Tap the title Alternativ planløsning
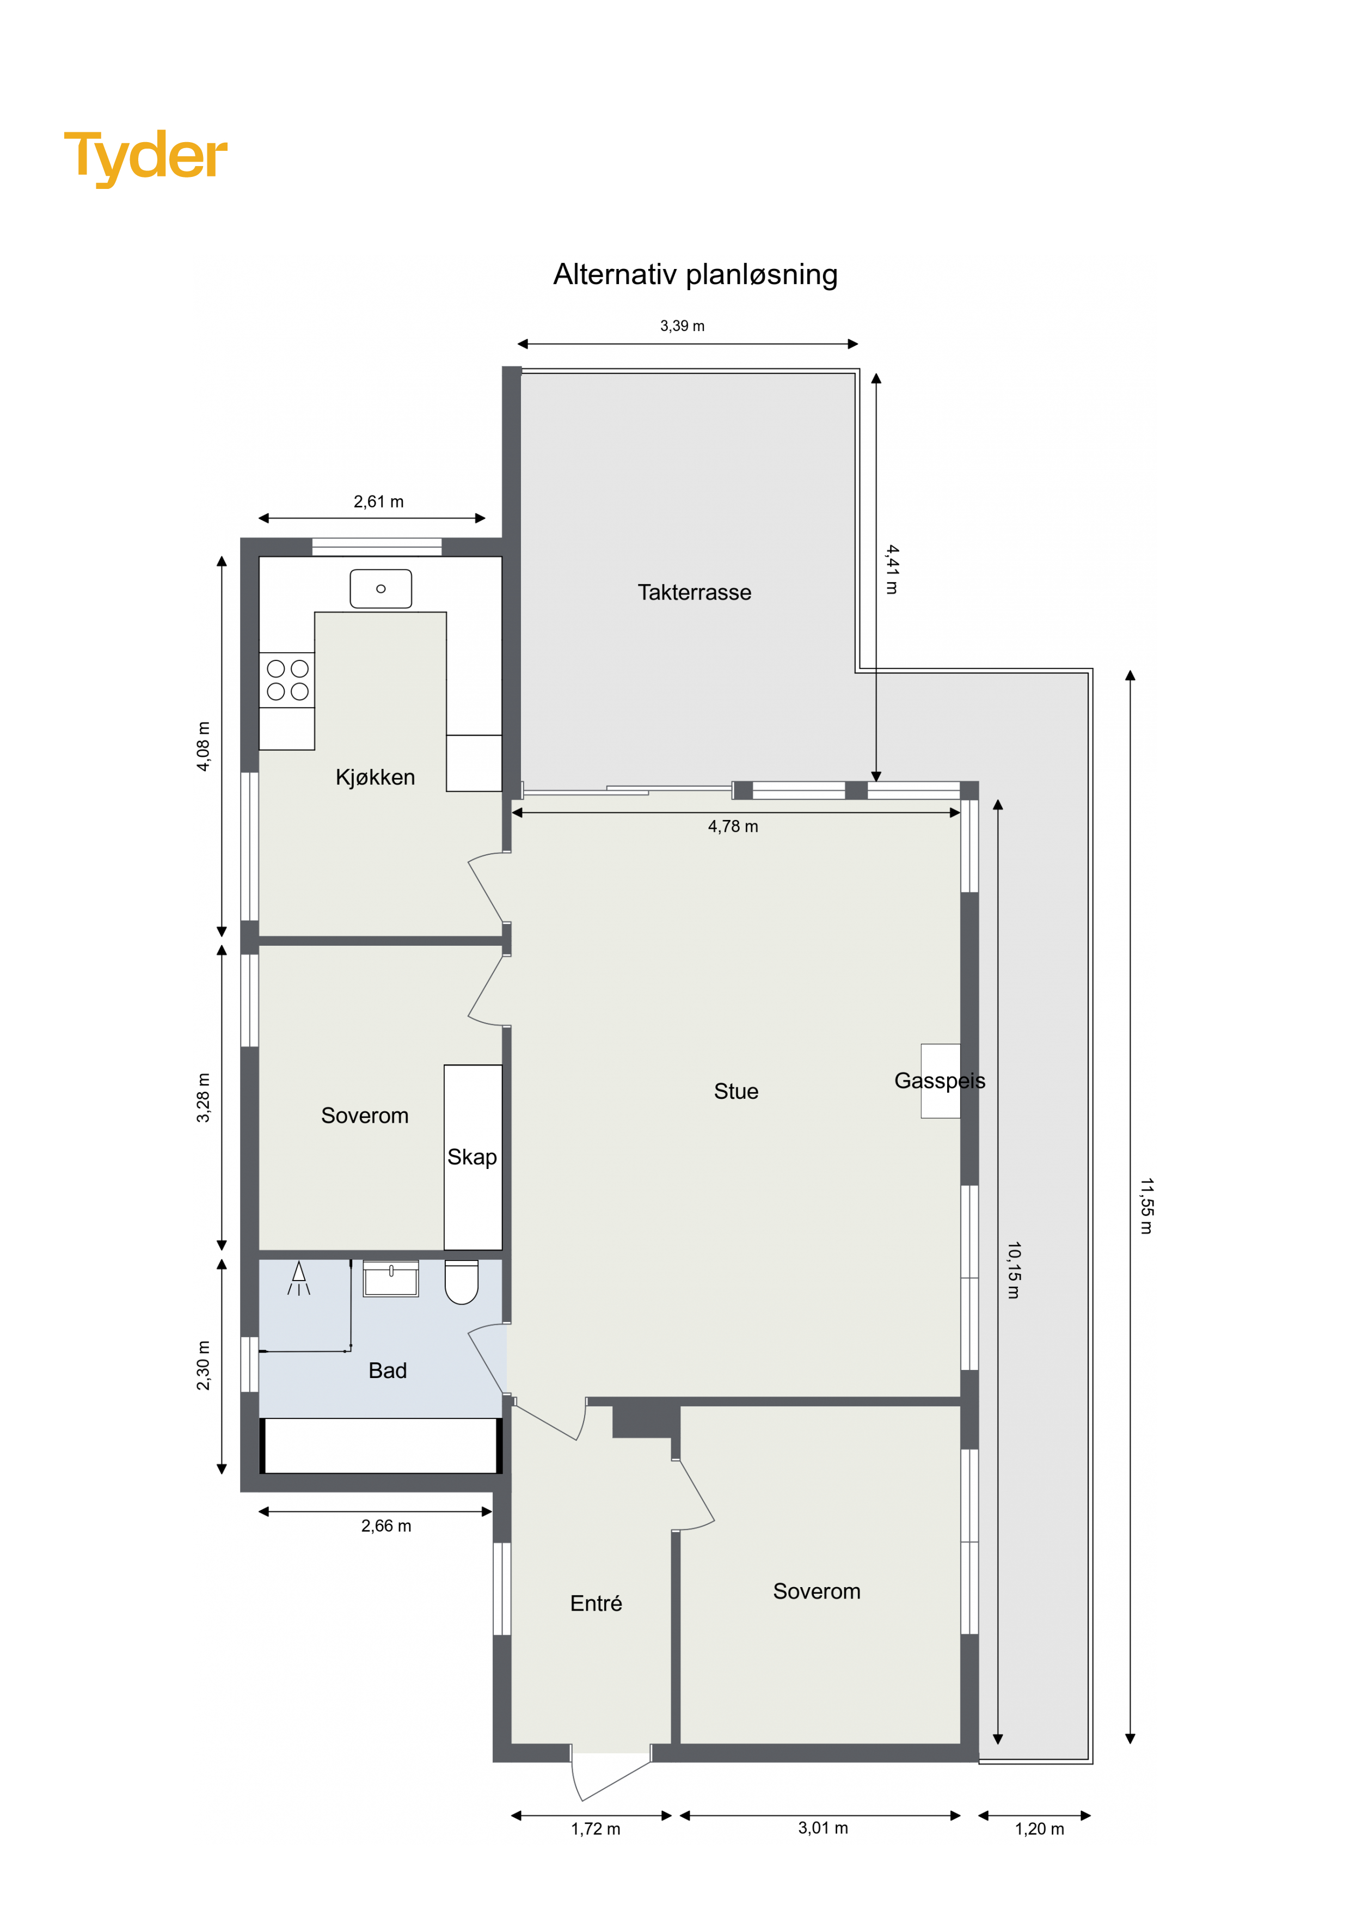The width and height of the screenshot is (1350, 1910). (x=695, y=274)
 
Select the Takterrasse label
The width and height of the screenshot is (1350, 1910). (x=695, y=592)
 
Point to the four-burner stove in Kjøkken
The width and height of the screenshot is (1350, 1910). (x=287, y=679)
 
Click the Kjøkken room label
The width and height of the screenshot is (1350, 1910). (x=375, y=777)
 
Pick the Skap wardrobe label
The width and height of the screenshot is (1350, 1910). (x=472, y=1157)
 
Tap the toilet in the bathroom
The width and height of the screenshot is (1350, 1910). (x=462, y=1282)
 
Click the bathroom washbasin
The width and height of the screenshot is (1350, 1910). (x=391, y=1278)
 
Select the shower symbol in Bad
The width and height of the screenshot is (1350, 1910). (x=299, y=1278)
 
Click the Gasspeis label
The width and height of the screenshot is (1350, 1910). (x=940, y=1081)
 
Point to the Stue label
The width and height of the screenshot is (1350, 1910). (x=736, y=1092)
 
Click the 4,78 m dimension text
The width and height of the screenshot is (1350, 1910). (x=733, y=826)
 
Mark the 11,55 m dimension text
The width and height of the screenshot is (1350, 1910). (x=1146, y=1205)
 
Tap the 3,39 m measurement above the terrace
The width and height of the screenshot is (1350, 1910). (x=682, y=326)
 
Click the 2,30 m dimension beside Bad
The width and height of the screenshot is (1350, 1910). (x=204, y=1365)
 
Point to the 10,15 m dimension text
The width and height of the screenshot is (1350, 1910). (x=1013, y=1270)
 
